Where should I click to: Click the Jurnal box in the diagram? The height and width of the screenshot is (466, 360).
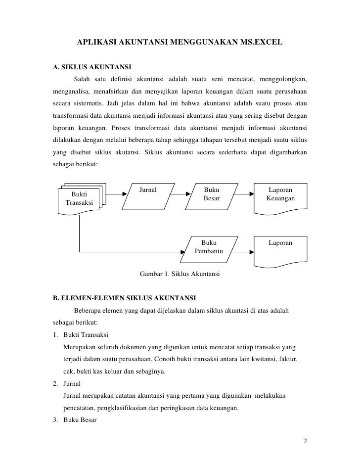pyautogui.click(x=148, y=194)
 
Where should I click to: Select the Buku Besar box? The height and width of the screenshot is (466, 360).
pyautogui.click(x=212, y=194)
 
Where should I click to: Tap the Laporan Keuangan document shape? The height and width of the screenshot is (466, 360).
pyautogui.click(x=280, y=196)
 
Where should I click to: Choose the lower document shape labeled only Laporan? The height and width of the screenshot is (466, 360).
pyautogui.click(x=280, y=249)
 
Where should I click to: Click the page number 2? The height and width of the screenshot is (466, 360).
pyautogui.click(x=305, y=442)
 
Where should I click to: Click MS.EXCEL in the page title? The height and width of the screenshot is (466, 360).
pyautogui.click(x=262, y=43)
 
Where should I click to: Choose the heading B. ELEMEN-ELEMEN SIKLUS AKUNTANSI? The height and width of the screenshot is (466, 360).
pyautogui.click(x=124, y=298)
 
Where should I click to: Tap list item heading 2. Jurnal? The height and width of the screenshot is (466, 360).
pyautogui.click(x=69, y=383)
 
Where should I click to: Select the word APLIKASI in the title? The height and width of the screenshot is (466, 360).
pyautogui.click(x=96, y=43)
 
